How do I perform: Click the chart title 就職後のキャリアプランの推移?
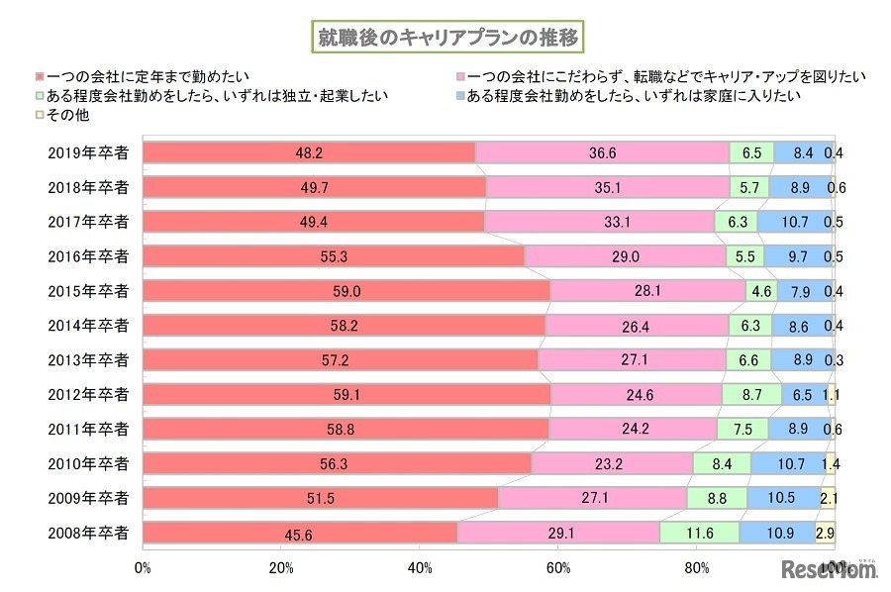point(445,37)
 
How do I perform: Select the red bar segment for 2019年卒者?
point(309,152)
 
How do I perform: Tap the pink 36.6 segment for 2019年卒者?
point(602,152)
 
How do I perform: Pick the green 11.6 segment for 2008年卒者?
point(699,533)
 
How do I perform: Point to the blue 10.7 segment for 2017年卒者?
point(795,222)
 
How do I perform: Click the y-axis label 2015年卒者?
point(88,291)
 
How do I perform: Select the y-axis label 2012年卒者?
point(88,394)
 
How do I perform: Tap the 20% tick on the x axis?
point(281,567)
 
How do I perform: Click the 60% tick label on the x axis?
point(558,567)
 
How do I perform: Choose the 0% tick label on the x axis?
point(143,567)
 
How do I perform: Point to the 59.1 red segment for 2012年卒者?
point(346,394)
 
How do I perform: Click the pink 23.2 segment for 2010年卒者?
point(613,463)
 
